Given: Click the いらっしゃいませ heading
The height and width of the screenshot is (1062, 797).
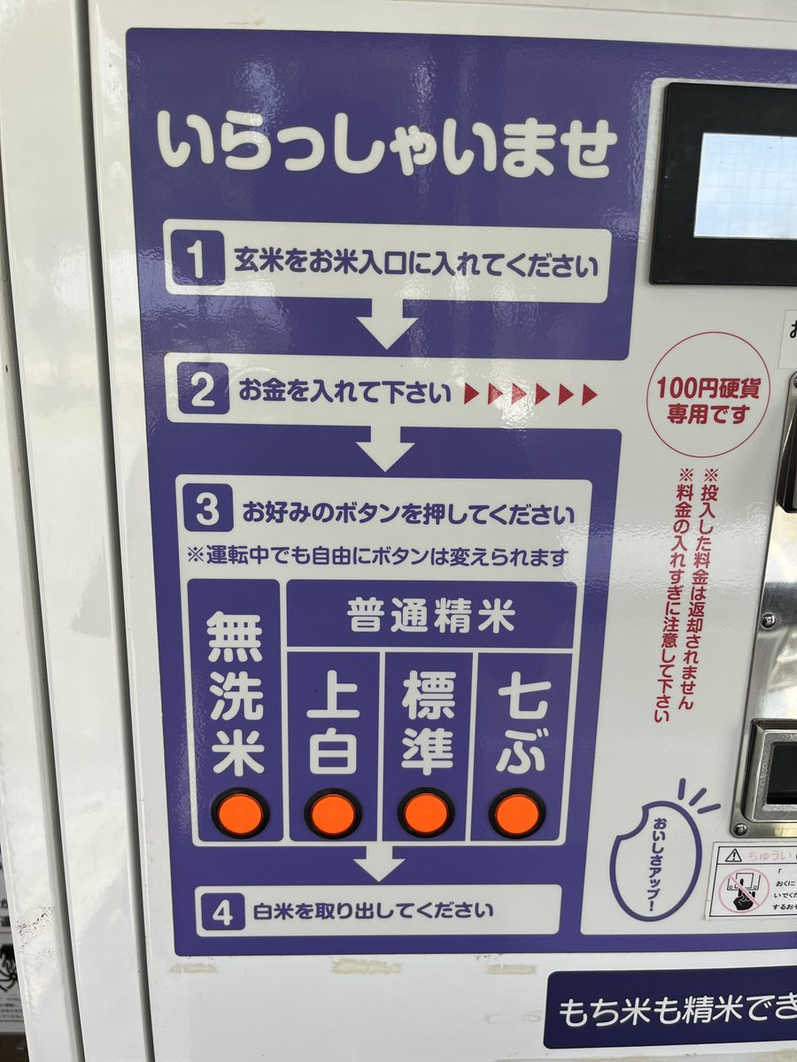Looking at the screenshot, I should [387, 147].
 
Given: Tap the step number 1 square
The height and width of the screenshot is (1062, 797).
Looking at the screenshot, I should [197, 262].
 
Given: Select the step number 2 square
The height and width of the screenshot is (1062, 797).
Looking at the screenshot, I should [203, 391].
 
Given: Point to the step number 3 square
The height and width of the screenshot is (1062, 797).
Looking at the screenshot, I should [208, 512].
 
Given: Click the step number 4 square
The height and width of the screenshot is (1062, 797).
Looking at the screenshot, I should [222, 912].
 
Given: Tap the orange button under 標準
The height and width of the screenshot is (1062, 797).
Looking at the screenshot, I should [426, 812].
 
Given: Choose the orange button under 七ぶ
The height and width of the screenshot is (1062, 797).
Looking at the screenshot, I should [517, 812].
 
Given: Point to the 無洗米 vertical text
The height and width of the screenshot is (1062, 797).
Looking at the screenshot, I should [236, 695].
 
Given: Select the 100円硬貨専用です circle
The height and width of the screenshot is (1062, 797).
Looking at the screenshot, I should [708, 396].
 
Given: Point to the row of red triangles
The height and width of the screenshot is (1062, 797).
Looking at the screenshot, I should [530, 394].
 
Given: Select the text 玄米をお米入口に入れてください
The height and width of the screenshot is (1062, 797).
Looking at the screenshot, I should [415, 264].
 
